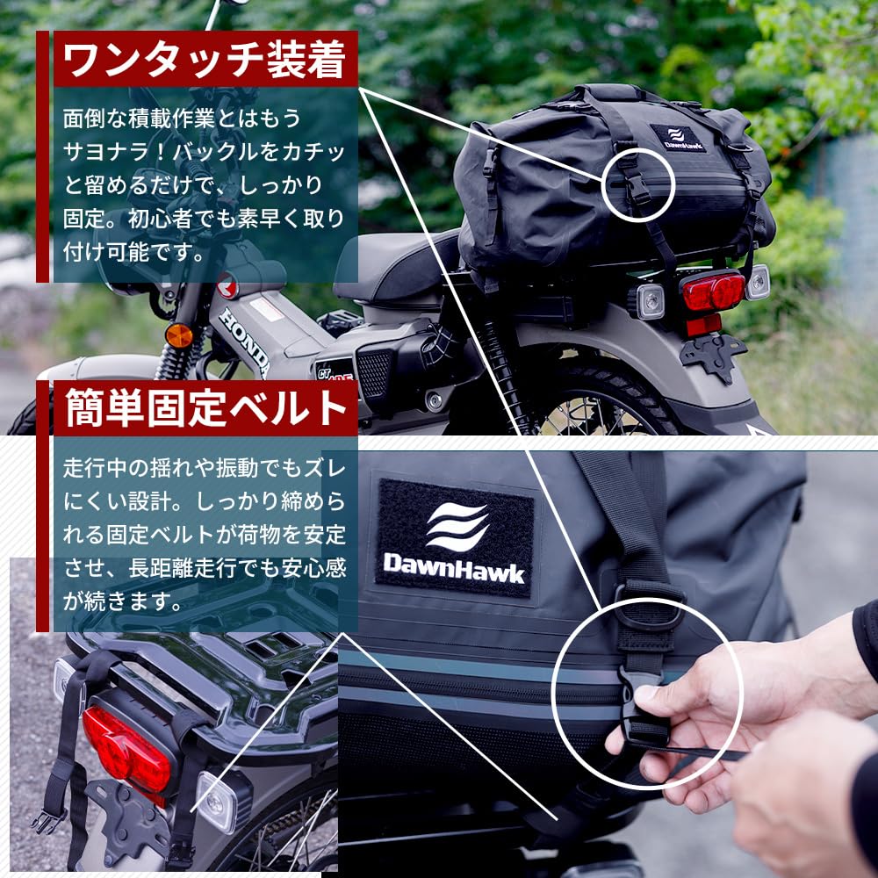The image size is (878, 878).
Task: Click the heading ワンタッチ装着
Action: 206,59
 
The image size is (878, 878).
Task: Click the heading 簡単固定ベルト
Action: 206,408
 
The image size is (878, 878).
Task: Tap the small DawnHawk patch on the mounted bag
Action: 678,139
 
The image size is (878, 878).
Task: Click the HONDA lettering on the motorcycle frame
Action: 244,338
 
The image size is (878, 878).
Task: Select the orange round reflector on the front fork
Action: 179,335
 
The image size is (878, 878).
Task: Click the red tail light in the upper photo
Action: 712,291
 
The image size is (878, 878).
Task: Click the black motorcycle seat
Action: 395,263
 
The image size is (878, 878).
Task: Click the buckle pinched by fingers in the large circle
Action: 644,702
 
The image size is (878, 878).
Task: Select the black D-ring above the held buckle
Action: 650,606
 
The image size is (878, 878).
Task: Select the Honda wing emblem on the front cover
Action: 226,285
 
